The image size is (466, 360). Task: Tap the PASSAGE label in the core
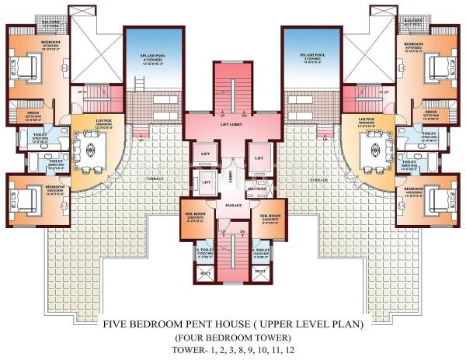[233, 205]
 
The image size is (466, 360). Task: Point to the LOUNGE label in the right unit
[368, 119]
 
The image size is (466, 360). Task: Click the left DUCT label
[205, 272]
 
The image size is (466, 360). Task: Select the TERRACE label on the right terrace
[316, 178]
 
